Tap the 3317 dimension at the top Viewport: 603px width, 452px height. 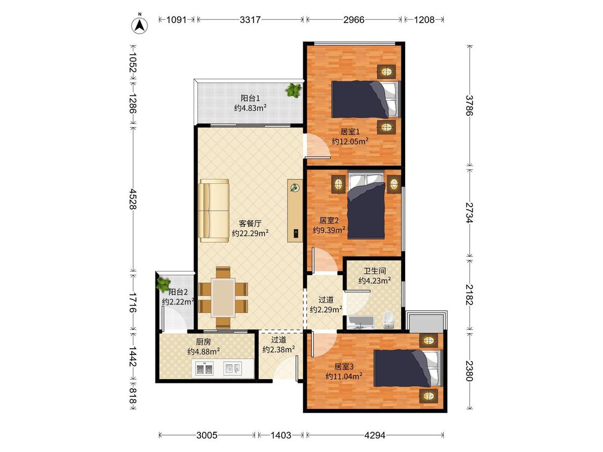click(250, 20)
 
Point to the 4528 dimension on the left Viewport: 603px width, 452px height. click(133, 199)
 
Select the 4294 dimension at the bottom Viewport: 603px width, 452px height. click(375, 435)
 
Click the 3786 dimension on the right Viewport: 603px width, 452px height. click(469, 106)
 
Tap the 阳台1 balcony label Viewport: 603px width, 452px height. click(250, 99)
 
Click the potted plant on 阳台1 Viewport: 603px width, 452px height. click(293, 91)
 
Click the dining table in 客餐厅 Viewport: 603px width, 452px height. click(223, 298)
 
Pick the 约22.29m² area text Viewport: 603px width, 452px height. click(250, 233)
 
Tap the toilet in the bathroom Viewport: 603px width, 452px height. click(389, 320)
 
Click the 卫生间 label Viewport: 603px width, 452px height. click(375, 271)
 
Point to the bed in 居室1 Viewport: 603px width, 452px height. click(366, 99)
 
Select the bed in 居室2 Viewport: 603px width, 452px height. click(366, 205)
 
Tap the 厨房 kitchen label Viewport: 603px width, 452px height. click(203, 342)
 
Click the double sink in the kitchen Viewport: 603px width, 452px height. click(205, 370)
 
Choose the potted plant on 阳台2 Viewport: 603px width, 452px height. click(163, 283)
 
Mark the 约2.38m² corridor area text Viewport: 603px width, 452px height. click(279, 349)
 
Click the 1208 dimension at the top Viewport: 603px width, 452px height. click(424, 20)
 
